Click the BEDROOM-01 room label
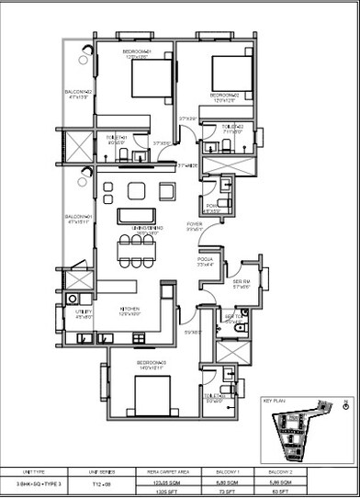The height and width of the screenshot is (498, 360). coord(136,52)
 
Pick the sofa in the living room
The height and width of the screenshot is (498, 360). coord(136,215)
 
